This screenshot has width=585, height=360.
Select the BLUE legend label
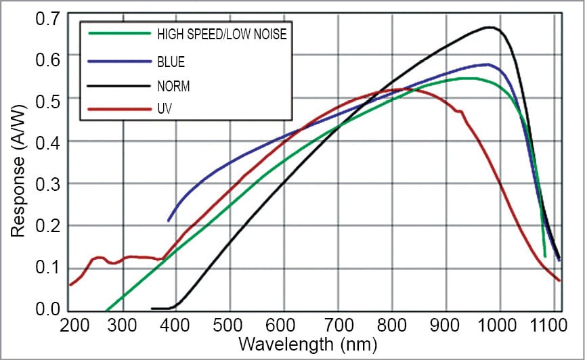click(x=171, y=62)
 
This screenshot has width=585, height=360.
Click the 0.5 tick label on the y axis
click(x=46, y=99)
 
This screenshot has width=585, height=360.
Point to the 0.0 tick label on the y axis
click(x=46, y=310)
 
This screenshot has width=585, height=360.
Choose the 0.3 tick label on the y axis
click(x=46, y=183)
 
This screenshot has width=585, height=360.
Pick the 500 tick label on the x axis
click(x=230, y=326)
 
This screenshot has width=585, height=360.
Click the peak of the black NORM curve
click(x=490, y=28)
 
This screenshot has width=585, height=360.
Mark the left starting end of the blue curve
click(x=169, y=221)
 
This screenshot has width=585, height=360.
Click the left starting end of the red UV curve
click(x=70, y=285)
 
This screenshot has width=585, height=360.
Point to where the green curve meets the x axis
click(x=106, y=309)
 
